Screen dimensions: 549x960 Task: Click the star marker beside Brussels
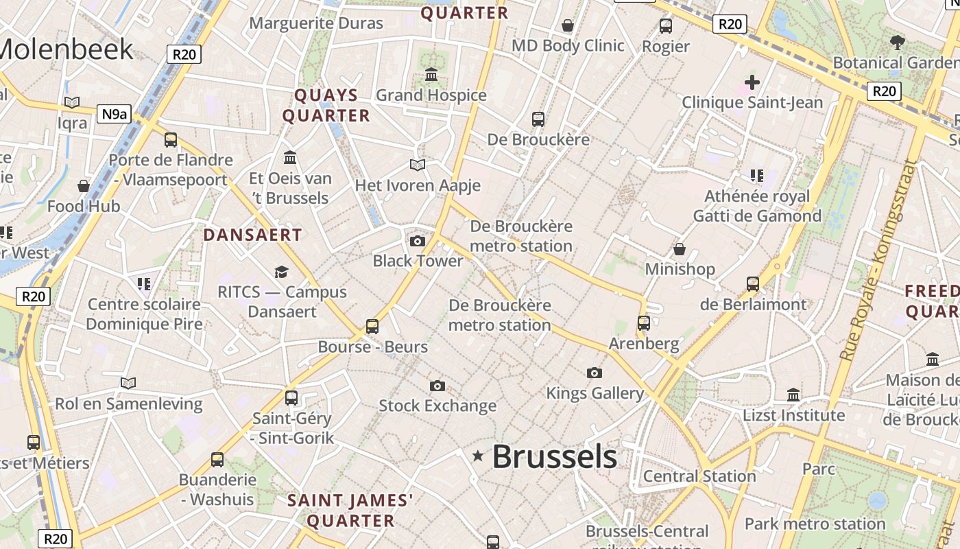click(478, 456)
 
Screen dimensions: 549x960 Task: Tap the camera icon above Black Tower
click(417, 241)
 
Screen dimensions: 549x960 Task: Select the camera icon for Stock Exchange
click(437, 386)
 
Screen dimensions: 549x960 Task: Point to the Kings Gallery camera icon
click(595, 373)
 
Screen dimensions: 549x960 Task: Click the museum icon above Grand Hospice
click(431, 74)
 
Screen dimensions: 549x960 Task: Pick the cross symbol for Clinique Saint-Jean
click(752, 82)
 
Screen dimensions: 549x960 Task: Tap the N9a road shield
click(113, 114)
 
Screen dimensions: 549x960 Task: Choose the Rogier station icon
click(666, 26)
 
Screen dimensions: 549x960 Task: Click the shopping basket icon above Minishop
click(680, 248)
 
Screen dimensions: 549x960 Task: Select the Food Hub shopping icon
click(84, 186)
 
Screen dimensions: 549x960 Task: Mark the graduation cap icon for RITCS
click(281, 272)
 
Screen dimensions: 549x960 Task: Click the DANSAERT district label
click(252, 235)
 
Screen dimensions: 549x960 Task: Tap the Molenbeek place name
click(67, 49)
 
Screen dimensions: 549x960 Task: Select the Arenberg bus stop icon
click(644, 323)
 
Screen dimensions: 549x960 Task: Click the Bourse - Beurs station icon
click(372, 326)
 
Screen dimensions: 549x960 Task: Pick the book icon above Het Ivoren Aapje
click(418, 165)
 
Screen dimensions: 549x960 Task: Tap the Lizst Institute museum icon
click(793, 395)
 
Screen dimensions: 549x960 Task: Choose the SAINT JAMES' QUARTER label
click(350, 510)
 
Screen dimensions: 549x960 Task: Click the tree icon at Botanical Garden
click(897, 43)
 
